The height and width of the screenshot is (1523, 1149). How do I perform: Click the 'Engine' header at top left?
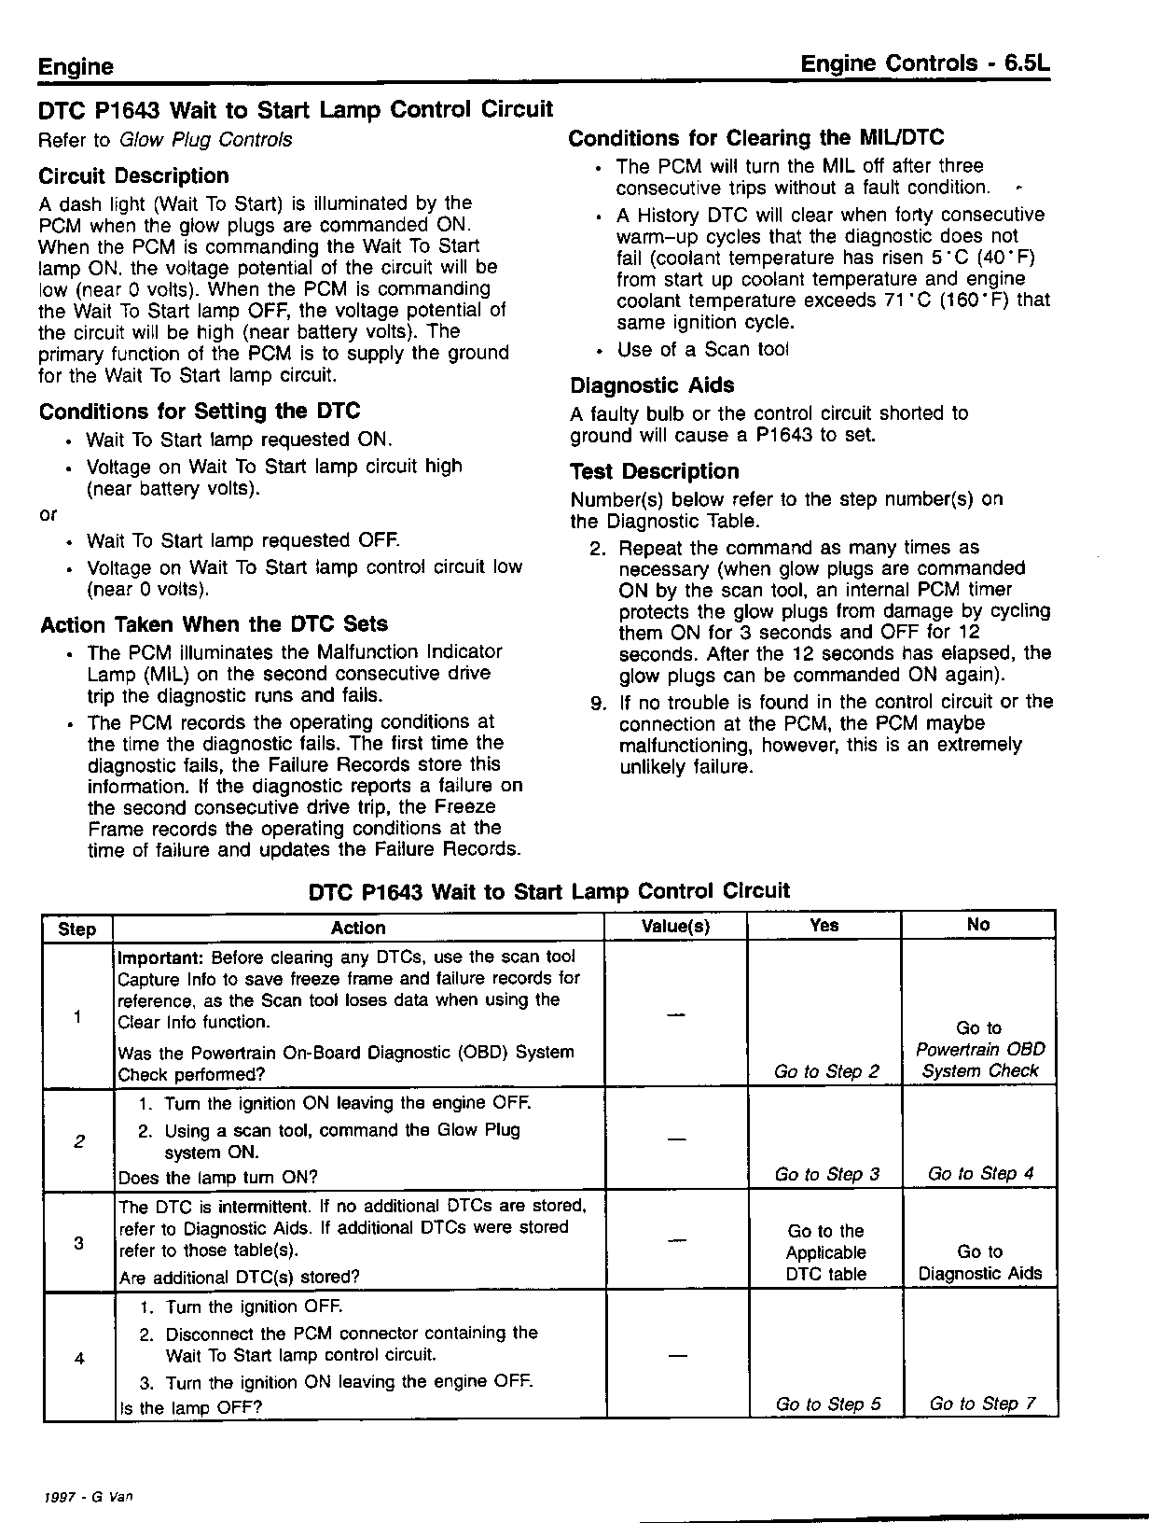click(76, 66)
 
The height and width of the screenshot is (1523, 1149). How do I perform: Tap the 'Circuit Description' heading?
click(133, 176)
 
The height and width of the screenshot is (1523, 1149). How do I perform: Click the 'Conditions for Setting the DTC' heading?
click(200, 412)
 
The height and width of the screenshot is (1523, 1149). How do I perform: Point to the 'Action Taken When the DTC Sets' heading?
click(214, 624)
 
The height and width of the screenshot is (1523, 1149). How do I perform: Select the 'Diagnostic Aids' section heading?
click(652, 385)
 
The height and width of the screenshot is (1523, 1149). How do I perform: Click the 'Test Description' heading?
click(654, 471)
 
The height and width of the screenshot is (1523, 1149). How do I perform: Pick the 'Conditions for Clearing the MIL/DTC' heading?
click(755, 138)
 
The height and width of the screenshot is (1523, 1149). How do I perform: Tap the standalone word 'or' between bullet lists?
click(48, 514)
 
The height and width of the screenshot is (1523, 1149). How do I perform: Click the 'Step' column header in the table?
click(76, 929)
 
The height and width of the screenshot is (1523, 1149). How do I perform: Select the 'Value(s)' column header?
click(675, 926)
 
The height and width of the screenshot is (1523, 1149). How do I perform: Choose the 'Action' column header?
click(358, 928)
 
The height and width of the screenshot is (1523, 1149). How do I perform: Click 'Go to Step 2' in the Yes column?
click(826, 1071)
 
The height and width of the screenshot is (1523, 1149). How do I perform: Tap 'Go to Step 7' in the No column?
click(982, 1404)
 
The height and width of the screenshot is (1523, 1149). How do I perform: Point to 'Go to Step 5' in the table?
click(827, 1404)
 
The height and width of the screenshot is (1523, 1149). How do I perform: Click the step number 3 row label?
click(78, 1243)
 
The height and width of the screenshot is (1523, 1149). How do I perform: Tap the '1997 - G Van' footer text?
click(89, 1496)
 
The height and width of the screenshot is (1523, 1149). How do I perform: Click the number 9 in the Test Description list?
click(599, 703)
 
